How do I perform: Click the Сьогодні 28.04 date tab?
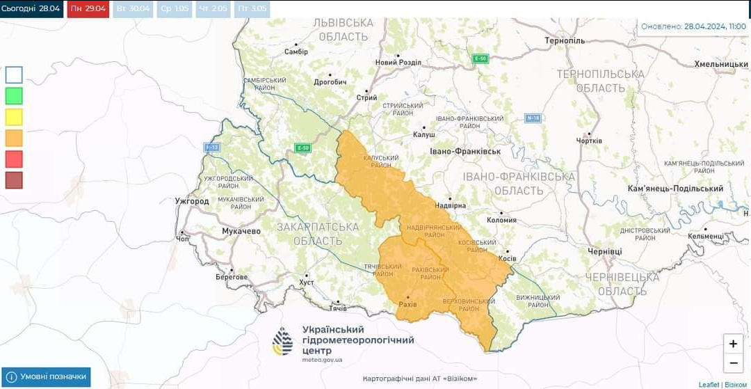[31, 9]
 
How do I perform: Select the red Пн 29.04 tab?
[88, 9]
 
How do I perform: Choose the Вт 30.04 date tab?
[131, 9]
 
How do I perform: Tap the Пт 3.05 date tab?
[252, 9]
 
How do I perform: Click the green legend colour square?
[14, 96]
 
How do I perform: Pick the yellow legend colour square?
[14, 117]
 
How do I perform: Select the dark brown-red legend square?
[14, 180]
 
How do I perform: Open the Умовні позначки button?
[47, 376]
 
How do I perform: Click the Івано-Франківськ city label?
[465, 151]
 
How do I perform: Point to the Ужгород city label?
[192, 201]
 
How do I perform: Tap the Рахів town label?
[407, 304]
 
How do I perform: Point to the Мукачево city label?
[241, 230]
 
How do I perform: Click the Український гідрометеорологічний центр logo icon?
[282, 342]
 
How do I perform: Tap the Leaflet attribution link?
[709, 384]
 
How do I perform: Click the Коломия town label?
[501, 220]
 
